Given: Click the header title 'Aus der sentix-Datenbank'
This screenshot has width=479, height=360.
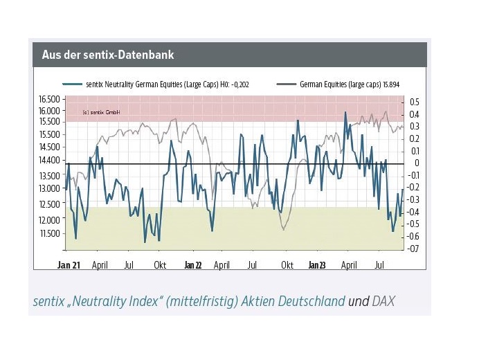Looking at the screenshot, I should click(x=107, y=54).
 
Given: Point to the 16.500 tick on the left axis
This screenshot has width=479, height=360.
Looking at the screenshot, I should click(x=49, y=100).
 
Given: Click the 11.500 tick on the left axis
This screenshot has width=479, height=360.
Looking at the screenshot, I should click(x=49, y=233).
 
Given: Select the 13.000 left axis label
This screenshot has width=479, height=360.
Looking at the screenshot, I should click(x=49, y=188).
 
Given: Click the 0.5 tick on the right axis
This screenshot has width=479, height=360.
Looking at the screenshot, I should click(x=415, y=102).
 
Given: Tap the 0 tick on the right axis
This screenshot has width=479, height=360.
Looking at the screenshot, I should click(x=417, y=163).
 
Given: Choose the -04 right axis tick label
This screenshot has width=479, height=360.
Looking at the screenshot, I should click(x=415, y=212).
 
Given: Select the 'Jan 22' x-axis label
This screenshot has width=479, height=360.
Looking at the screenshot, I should click(x=192, y=265).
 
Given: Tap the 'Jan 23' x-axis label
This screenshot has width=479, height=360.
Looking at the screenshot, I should click(x=316, y=265).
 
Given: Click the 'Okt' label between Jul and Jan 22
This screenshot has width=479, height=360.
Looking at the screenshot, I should click(x=160, y=265).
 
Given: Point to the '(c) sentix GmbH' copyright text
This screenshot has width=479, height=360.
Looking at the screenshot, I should click(x=101, y=112).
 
